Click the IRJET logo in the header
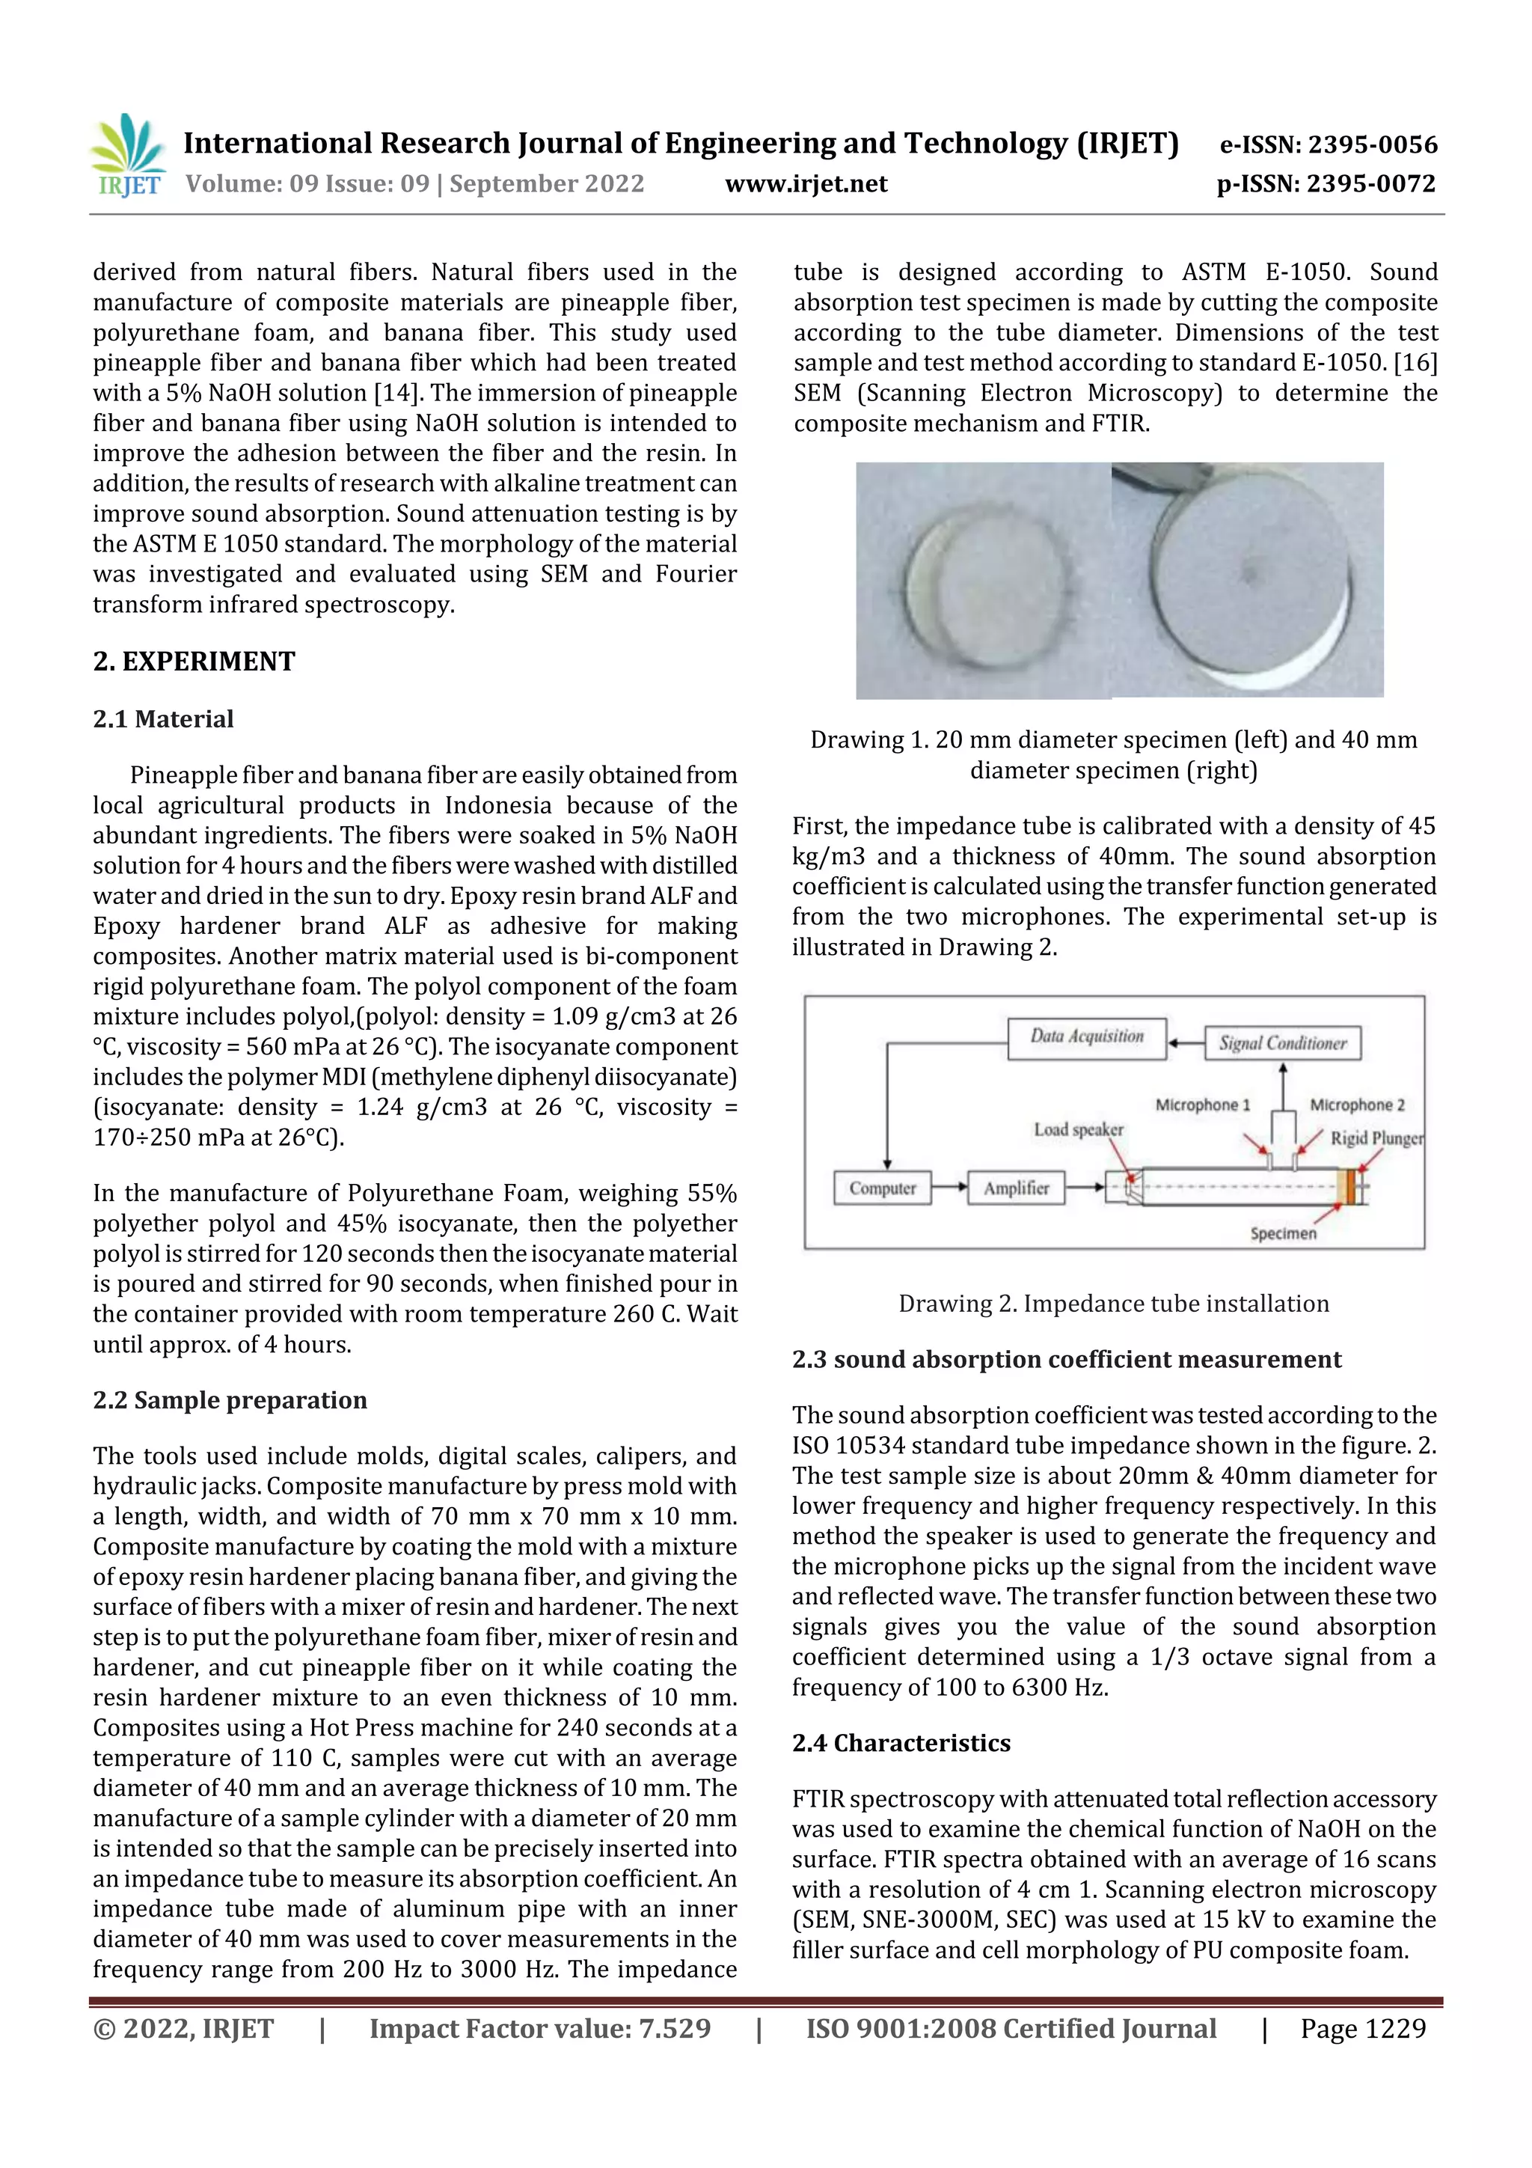point(129,156)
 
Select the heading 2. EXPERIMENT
point(194,661)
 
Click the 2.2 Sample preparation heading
point(230,1399)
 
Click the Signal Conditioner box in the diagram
point(1282,1043)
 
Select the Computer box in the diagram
point(882,1188)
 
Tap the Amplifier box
point(1016,1188)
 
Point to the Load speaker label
point(1078,1129)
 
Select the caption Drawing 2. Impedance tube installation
point(1113,1304)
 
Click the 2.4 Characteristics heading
point(901,1742)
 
